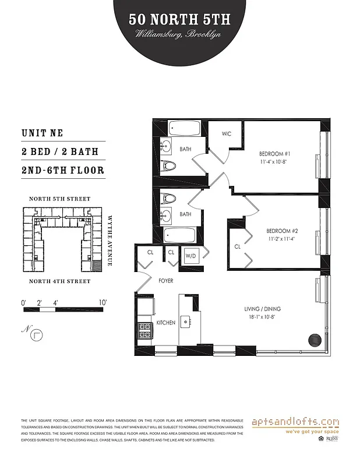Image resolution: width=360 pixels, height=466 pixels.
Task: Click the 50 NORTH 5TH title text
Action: tap(180, 20)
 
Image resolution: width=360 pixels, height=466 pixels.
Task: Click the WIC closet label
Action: tap(227, 133)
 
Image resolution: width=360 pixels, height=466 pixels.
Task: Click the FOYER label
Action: tap(167, 280)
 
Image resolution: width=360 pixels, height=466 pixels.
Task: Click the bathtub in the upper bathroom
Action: tap(185, 128)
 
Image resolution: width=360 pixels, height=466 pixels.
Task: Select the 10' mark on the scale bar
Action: tap(103, 302)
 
